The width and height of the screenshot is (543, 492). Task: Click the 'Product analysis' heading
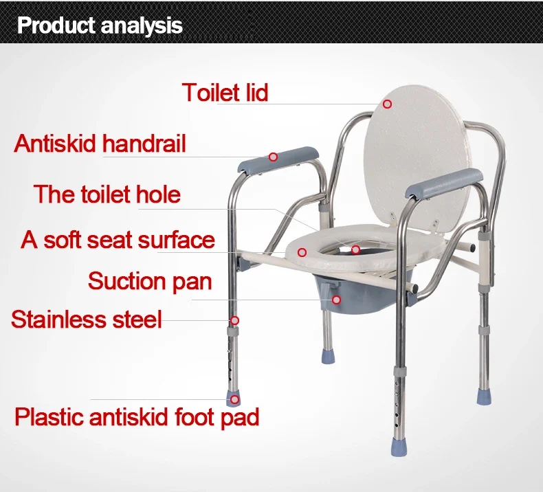tap(100, 25)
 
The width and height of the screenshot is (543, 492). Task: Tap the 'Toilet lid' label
tap(225, 92)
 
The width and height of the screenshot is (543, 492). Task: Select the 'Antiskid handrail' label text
tap(100, 143)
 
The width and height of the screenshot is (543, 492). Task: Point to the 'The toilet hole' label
tap(107, 194)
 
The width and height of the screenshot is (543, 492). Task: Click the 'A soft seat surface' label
tap(118, 239)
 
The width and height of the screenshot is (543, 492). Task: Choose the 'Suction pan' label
tap(150, 281)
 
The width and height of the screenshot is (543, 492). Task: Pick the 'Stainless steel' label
tap(86, 319)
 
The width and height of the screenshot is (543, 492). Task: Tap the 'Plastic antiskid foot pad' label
tap(137, 416)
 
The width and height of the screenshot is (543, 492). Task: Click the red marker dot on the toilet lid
tap(387, 104)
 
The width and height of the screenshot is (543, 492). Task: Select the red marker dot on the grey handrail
tap(274, 157)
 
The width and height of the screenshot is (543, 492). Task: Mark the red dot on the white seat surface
tap(302, 252)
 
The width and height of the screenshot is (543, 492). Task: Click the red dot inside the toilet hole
tap(355, 249)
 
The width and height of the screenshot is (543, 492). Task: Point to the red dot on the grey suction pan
tap(336, 300)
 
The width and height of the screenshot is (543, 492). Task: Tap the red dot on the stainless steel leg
tap(235, 320)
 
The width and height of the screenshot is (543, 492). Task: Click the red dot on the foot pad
tap(235, 399)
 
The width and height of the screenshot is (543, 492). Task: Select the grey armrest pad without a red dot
tap(444, 183)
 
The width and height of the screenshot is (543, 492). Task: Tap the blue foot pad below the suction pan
tap(328, 356)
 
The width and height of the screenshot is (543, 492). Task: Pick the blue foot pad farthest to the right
tap(484, 396)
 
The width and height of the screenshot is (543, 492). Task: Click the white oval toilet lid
tap(416, 159)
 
